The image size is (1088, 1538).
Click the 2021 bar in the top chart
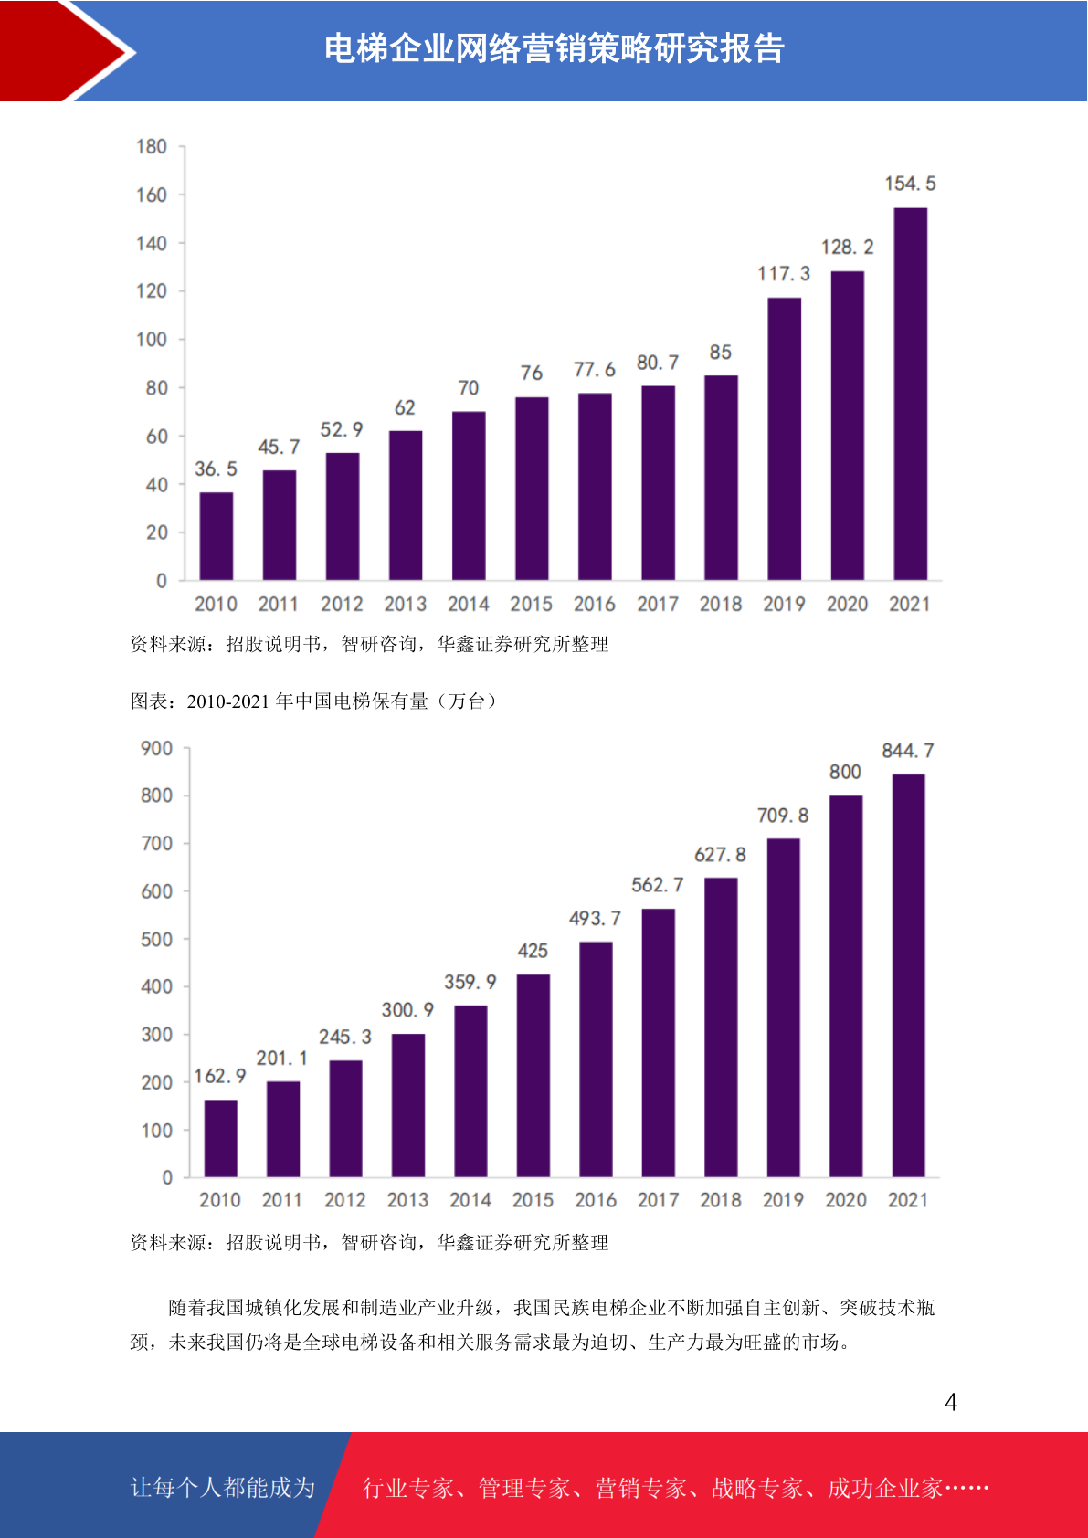[x=910, y=394]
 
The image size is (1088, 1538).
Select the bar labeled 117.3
[x=784, y=438]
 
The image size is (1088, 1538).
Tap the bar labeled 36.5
[x=217, y=536]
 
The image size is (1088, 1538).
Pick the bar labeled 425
[x=533, y=1076]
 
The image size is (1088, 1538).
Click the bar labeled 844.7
[x=908, y=975]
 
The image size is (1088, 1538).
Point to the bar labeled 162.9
[x=220, y=1138]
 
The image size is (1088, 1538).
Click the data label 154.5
[x=910, y=184]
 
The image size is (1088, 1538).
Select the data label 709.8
[x=783, y=816]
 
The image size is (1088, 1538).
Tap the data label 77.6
[x=594, y=369]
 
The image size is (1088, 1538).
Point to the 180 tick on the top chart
[x=152, y=147]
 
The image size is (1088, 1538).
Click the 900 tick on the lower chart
[x=156, y=749]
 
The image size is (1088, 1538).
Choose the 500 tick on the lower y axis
[x=156, y=939]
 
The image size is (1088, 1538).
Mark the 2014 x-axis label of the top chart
[x=469, y=604]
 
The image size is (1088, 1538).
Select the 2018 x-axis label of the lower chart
[x=721, y=1200]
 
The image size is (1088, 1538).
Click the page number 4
[x=951, y=1402]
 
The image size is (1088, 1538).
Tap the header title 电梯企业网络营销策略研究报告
[x=555, y=49]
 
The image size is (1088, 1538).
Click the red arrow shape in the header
[x=69, y=50]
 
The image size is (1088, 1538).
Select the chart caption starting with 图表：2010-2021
[x=313, y=701]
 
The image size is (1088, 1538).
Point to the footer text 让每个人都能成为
[x=223, y=1488]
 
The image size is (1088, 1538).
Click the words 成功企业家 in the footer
[x=885, y=1488]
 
